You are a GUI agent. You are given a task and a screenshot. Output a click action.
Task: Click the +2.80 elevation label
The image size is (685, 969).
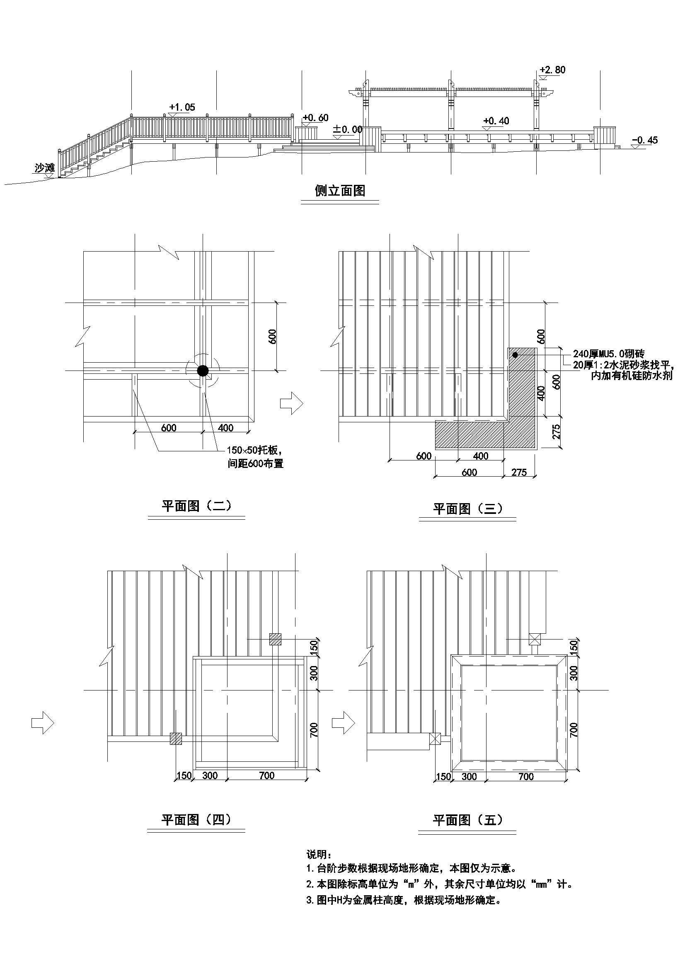[x=552, y=70]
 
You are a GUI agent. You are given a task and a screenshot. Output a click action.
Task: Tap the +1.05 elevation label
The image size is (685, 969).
[x=182, y=107]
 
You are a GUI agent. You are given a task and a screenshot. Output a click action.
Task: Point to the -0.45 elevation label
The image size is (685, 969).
[x=644, y=140]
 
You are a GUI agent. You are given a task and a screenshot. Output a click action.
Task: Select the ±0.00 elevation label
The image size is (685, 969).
[x=347, y=129]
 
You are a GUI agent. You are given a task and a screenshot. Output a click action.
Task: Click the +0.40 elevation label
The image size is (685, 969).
[x=496, y=121]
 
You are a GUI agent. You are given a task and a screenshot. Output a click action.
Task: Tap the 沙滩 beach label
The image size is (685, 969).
[x=45, y=168]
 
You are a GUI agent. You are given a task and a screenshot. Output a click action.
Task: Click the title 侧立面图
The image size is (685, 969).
[x=340, y=191]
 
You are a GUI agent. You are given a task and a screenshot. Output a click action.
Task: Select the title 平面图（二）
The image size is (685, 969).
[x=197, y=506]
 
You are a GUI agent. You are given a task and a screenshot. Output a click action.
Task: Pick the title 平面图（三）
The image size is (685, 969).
[x=467, y=509]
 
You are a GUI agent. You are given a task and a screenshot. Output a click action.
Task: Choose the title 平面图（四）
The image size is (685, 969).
[x=196, y=820]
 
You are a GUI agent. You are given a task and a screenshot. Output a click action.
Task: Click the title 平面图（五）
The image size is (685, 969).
[x=467, y=820]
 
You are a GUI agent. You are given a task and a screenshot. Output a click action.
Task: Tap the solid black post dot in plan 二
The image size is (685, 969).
[x=203, y=371]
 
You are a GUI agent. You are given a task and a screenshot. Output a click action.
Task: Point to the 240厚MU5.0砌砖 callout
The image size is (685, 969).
[x=608, y=354]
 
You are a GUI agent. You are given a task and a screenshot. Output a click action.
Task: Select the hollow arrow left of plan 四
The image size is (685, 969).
[x=43, y=723]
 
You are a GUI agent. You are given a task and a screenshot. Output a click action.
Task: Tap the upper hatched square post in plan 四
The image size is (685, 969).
[x=276, y=639]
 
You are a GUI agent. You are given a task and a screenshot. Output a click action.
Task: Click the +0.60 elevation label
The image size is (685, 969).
[x=315, y=118]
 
